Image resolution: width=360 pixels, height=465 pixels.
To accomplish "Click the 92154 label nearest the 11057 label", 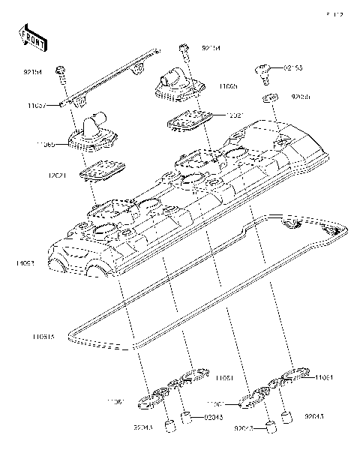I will [33, 72].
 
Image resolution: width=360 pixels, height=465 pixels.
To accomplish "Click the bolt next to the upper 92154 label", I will [183, 50].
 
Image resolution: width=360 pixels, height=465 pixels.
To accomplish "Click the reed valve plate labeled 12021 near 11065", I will [189, 118].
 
